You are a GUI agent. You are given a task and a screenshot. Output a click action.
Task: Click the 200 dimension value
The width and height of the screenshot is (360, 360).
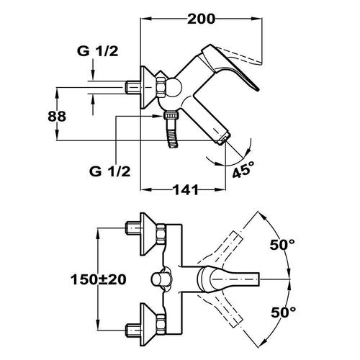click(201, 19)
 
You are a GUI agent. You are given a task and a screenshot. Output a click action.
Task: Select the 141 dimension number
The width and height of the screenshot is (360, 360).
click(186, 190)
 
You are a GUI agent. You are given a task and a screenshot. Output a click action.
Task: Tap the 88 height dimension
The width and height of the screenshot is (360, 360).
click(57, 117)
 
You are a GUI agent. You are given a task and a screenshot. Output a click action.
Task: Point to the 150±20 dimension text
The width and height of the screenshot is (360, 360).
click(99, 279)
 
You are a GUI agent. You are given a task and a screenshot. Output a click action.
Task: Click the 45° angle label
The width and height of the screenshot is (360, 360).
click(243, 169)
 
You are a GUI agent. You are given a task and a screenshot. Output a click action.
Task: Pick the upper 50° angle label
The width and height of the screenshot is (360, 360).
click(282, 245)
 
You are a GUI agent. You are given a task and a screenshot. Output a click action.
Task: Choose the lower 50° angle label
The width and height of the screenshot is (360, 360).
click(283, 312)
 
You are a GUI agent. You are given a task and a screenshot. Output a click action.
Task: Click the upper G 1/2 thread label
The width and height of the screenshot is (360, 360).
click(98, 51)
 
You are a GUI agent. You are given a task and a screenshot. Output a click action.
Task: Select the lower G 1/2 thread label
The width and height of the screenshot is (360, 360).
click(109, 171)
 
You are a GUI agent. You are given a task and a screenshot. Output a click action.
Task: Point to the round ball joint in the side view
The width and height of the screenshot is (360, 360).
click(174, 87)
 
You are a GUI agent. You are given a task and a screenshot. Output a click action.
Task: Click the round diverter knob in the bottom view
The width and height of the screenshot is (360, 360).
click(159, 279)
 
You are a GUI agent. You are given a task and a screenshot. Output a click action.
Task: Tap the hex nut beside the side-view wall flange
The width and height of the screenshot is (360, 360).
click(161, 87)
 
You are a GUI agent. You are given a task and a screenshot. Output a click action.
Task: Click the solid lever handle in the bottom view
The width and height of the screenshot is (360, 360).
click(228, 279)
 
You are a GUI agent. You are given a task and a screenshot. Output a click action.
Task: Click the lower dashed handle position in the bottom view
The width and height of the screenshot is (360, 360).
click(222, 310)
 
